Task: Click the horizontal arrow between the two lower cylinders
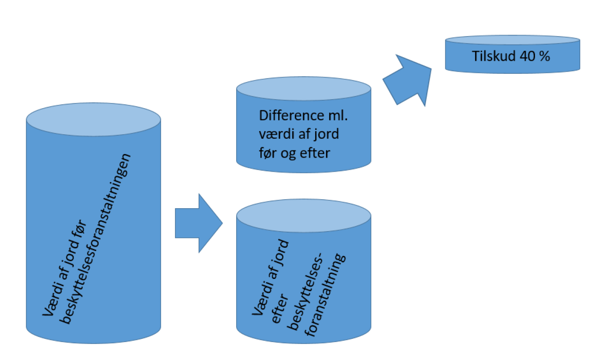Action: pyautogui.click(x=198, y=223)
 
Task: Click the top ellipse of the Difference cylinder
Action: pyautogui.click(x=304, y=88)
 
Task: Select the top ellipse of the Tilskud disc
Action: pyautogui.click(x=513, y=40)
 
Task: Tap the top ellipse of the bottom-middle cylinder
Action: pyautogui.click(x=304, y=215)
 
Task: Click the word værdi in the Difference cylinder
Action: pyautogui.click(x=274, y=134)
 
